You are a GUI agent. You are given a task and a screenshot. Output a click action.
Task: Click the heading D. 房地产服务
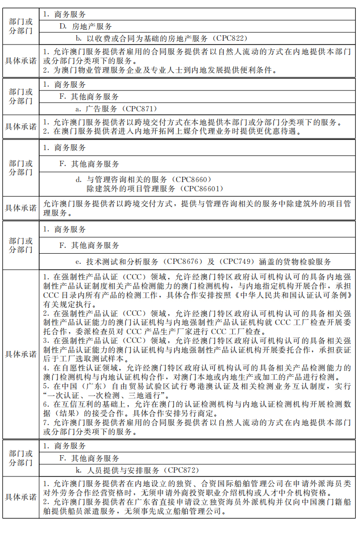(86, 26)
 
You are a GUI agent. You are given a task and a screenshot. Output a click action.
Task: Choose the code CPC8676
(184, 261)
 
